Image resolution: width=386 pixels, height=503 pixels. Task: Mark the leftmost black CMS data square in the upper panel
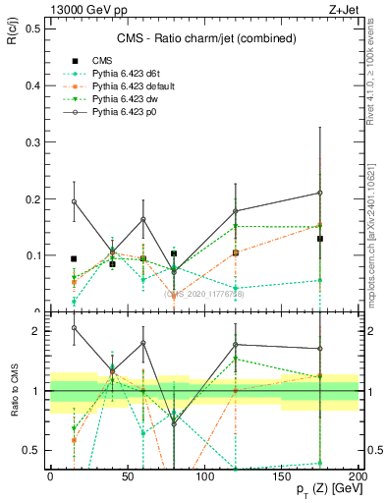coord(74,258)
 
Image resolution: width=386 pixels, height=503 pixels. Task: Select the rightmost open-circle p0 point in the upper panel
coord(320,193)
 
